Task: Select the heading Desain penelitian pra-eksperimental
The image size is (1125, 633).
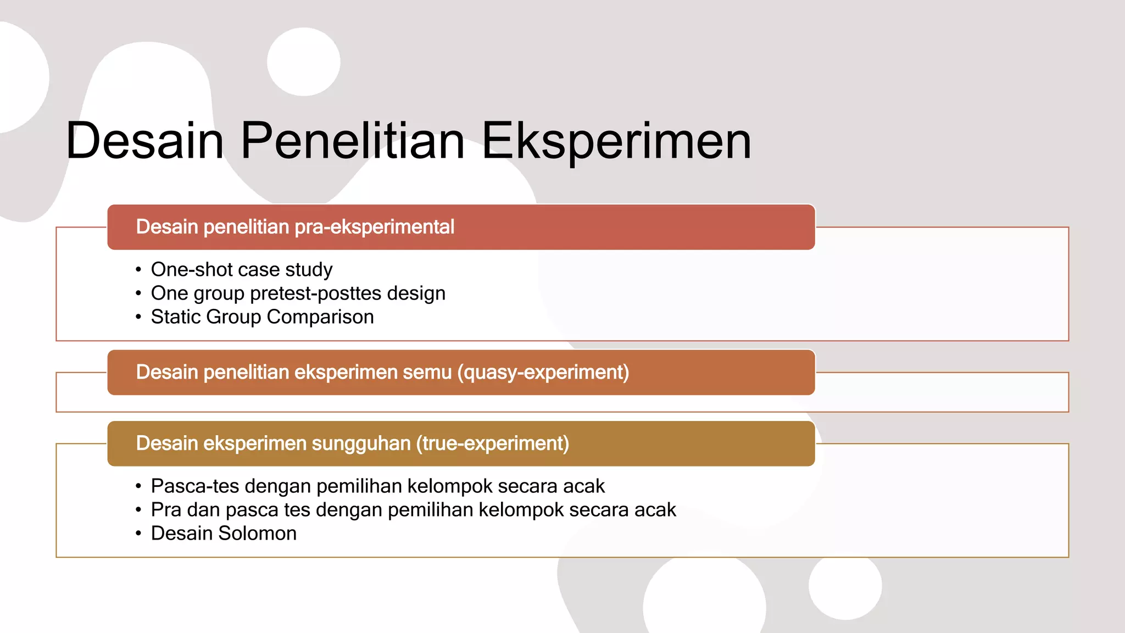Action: [x=295, y=227]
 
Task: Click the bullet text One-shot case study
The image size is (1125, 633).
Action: [x=242, y=270]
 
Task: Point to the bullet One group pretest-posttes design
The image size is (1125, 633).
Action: [x=298, y=293]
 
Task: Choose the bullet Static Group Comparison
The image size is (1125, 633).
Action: [x=262, y=317]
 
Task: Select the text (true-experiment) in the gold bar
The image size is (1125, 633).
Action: [x=492, y=443]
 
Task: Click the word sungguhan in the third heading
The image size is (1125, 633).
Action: [x=361, y=443]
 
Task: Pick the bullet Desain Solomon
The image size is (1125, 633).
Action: [x=224, y=534]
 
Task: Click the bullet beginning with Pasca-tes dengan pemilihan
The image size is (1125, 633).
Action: [x=377, y=486]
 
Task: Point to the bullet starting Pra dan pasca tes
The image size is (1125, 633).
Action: [x=413, y=510]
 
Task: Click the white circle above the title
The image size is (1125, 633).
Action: [x=304, y=62]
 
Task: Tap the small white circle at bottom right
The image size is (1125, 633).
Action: [x=845, y=586]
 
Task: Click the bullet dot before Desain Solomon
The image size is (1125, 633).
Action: [x=138, y=534]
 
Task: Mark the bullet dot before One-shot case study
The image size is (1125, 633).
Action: [x=138, y=270]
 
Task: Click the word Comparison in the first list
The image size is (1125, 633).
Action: [x=320, y=317]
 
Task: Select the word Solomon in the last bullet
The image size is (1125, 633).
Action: [x=258, y=534]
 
